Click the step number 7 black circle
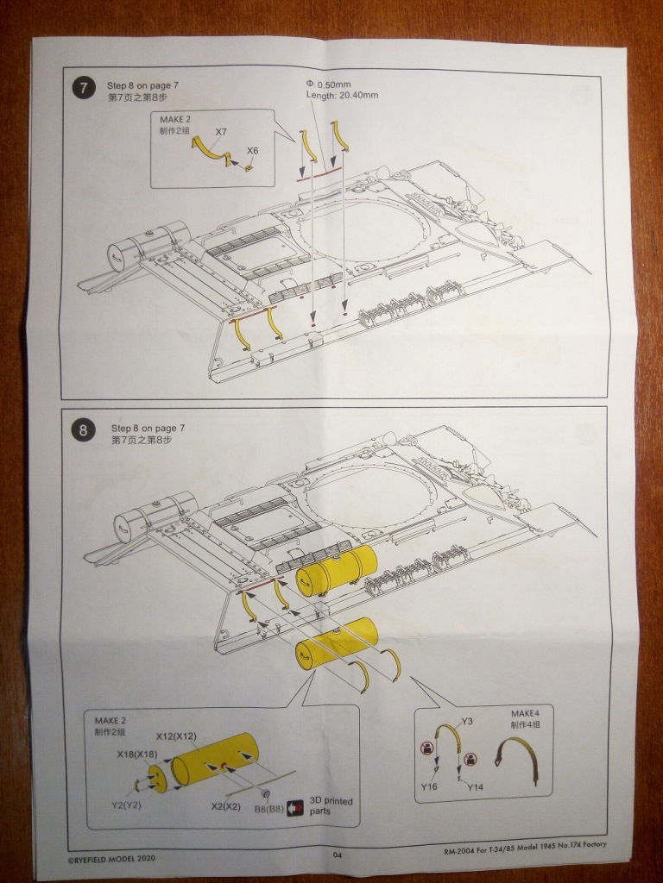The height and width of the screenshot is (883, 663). [83, 88]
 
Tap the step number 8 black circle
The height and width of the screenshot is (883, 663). [83, 429]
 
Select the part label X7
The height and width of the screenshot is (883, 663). [221, 131]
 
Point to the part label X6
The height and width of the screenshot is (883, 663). [252, 151]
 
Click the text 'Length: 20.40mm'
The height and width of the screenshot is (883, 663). [342, 95]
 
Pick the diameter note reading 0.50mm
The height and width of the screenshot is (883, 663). [329, 84]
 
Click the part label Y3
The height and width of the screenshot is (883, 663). [467, 721]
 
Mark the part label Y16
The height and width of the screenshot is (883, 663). [430, 787]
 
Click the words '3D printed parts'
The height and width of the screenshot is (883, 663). [331, 806]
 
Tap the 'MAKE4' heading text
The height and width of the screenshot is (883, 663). [524, 714]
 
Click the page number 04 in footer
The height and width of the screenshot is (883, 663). [338, 855]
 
